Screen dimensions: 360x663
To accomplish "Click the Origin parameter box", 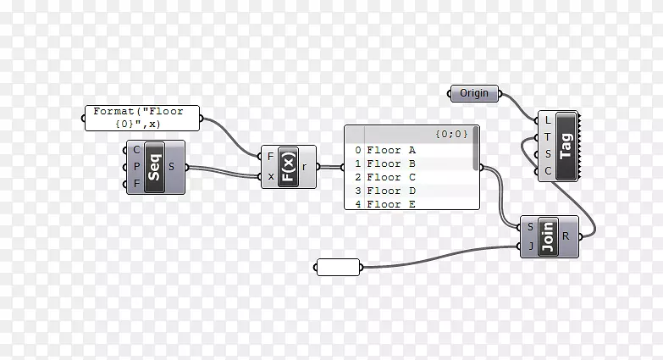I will (474, 93).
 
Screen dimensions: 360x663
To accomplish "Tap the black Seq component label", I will (154, 167).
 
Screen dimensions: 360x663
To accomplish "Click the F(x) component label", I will (287, 167).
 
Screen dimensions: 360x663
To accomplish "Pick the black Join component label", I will (548, 236).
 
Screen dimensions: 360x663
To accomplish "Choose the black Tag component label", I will (566, 146).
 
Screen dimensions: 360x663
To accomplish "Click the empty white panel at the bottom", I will (338, 267).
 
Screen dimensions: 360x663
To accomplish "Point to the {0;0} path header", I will (451, 134).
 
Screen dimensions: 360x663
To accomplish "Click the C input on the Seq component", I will (137, 150).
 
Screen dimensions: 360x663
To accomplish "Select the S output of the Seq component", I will (172, 167).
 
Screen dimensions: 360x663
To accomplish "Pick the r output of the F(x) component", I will (304, 167).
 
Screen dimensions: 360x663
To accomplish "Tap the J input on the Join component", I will (530, 246).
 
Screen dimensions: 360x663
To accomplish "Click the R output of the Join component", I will (566, 236).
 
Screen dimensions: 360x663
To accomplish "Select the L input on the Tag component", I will (548, 120).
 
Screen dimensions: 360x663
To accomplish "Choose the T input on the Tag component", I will (548, 137).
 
